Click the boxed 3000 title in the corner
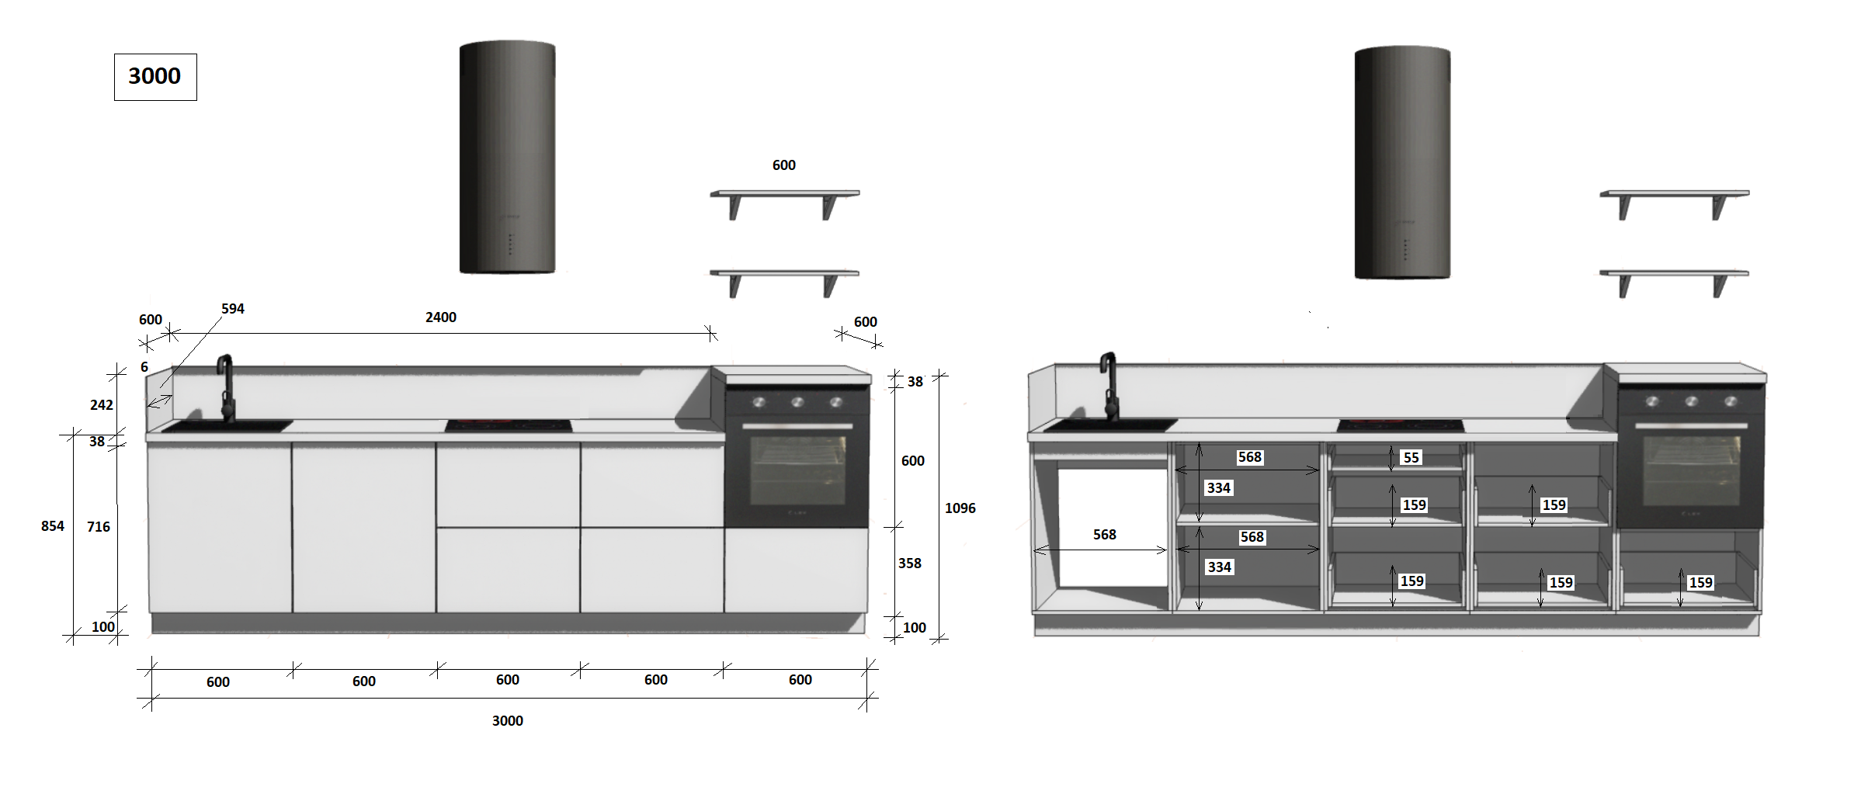click(155, 76)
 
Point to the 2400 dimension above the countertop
click(441, 317)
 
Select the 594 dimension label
click(233, 309)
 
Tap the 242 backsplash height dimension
click(102, 405)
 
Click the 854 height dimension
click(53, 526)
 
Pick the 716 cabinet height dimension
click(99, 527)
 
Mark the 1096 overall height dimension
click(960, 508)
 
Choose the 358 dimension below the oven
click(910, 563)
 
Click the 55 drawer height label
click(1411, 458)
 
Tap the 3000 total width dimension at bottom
click(508, 721)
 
